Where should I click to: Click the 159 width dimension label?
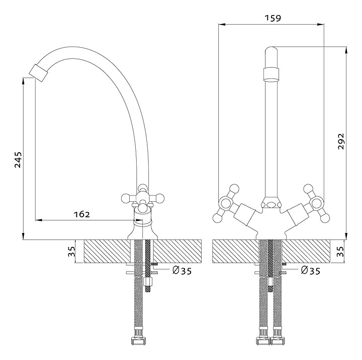pyautogui.click(x=273, y=18)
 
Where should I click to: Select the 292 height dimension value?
pyautogui.click(x=341, y=141)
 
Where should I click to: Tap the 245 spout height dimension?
pyautogui.click(x=18, y=160)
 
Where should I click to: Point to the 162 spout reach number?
pyautogui.click(x=81, y=214)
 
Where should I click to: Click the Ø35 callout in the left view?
pyautogui.click(x=182, y=271)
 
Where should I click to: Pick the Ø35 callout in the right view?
pyautogui.click(x=311, y=271)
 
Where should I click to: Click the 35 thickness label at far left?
pyautogui.click(x=71, y=252)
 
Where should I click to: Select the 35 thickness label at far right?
pyautogui.click(x=340, y=252)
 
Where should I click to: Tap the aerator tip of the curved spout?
pyautogui.click(x=38, y=73)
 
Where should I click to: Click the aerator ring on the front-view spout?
pyautogui.click(x=271, y=74)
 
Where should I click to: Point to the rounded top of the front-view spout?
pyautogui.click(x=271, y=50)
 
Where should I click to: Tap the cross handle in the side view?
pyautogui.click(x=142, y=198)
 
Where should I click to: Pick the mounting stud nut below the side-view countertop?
pyautogui.click(x=148, y=282)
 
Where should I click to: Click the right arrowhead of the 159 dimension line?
pyautogui.click(x=321, y=25)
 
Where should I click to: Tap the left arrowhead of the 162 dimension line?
pyautogui.click(x=39, y=220)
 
